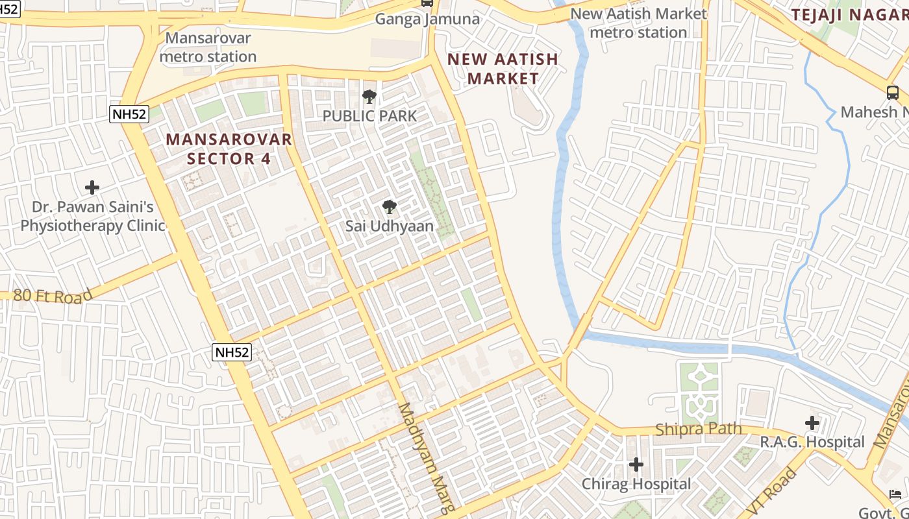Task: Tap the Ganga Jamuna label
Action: click(x=427, y=19)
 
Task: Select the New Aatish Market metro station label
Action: click(x=639, y=23)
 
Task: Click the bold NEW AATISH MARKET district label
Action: click(x=503, y=69)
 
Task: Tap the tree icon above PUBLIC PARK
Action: click(x=369, y=97)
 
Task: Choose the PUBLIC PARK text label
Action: click(x=369, y=116)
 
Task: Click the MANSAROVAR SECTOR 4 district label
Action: click(x=229, y=149)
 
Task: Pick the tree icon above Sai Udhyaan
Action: click(x=389, y=207)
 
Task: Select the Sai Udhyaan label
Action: click(x=389, y=226)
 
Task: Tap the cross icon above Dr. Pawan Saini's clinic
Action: click(x=92, y=188)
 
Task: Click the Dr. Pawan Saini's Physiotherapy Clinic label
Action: click(x=93, y=217)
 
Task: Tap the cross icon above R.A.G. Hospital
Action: click(x=812, y=423)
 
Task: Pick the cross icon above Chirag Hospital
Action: click(x=636, y=465)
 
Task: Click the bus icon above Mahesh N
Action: click(x=893, y=93)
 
